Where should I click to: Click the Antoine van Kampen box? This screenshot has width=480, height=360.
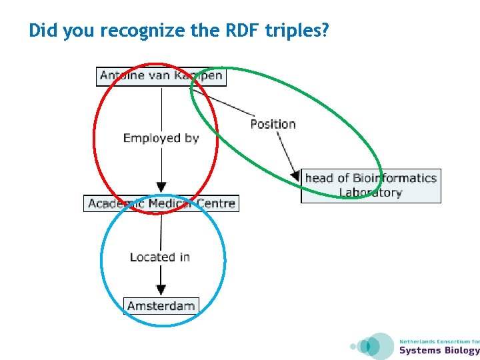[161, 76]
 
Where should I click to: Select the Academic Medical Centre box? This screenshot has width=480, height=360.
[161, 203]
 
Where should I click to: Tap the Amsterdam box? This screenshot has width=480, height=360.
[161, 306]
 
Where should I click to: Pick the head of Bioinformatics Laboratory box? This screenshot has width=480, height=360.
[371, 185]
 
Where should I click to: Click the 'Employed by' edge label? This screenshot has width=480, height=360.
[161, 138]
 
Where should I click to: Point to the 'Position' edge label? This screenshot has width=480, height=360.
[273, 124]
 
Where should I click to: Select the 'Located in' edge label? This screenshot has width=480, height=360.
[160, 257]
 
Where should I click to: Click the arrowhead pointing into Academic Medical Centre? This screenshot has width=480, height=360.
[161, 187]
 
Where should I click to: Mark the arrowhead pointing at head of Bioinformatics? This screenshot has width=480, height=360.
[295, 176]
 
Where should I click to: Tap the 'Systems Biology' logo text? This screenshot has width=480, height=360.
[439, 351]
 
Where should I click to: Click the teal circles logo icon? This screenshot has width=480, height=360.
[373, 346]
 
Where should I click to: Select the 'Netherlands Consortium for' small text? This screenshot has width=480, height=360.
[439, 341]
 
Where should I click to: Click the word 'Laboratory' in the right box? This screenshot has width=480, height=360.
[370, 193]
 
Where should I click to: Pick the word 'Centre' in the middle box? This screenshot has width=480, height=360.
[215, 203]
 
